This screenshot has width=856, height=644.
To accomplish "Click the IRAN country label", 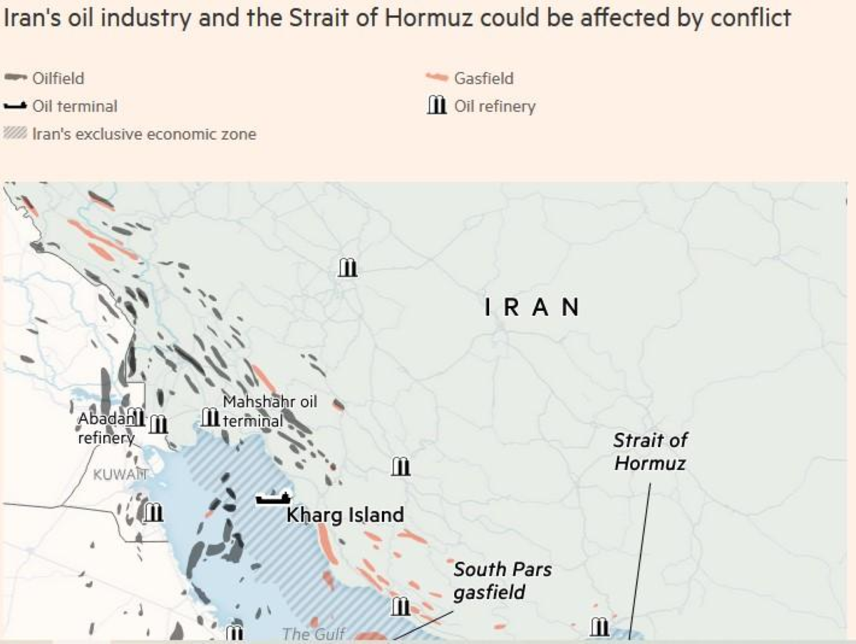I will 532,307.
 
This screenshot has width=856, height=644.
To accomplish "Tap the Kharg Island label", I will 345,514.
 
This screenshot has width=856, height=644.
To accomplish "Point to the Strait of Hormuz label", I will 650,451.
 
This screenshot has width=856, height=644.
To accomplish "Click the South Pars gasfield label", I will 502,581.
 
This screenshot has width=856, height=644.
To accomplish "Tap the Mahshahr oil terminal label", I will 269,412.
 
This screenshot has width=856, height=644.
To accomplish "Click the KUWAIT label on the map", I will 121,474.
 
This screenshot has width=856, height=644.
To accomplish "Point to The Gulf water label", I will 314,634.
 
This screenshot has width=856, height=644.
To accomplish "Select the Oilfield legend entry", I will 58,78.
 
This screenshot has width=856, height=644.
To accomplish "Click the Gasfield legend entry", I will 483,78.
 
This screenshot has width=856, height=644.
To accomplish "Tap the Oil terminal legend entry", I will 75,106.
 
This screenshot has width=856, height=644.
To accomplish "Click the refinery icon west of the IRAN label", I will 347,267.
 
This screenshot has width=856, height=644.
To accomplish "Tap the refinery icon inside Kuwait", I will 153,512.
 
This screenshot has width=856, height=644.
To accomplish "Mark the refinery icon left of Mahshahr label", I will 210,416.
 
